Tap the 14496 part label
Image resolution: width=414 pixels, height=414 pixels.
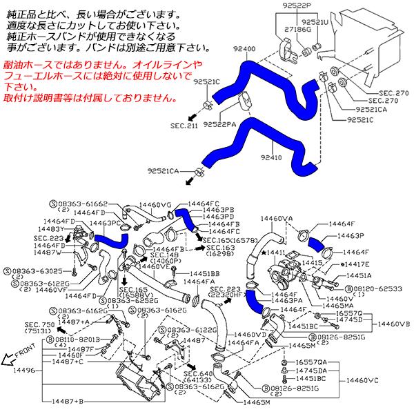click(x=16, y=370)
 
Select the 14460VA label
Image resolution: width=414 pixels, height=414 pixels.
click(x=277, y=219)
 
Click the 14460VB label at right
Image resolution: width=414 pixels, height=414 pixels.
click(x=395, y=324)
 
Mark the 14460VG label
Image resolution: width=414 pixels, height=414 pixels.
click(x=156, y=205)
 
